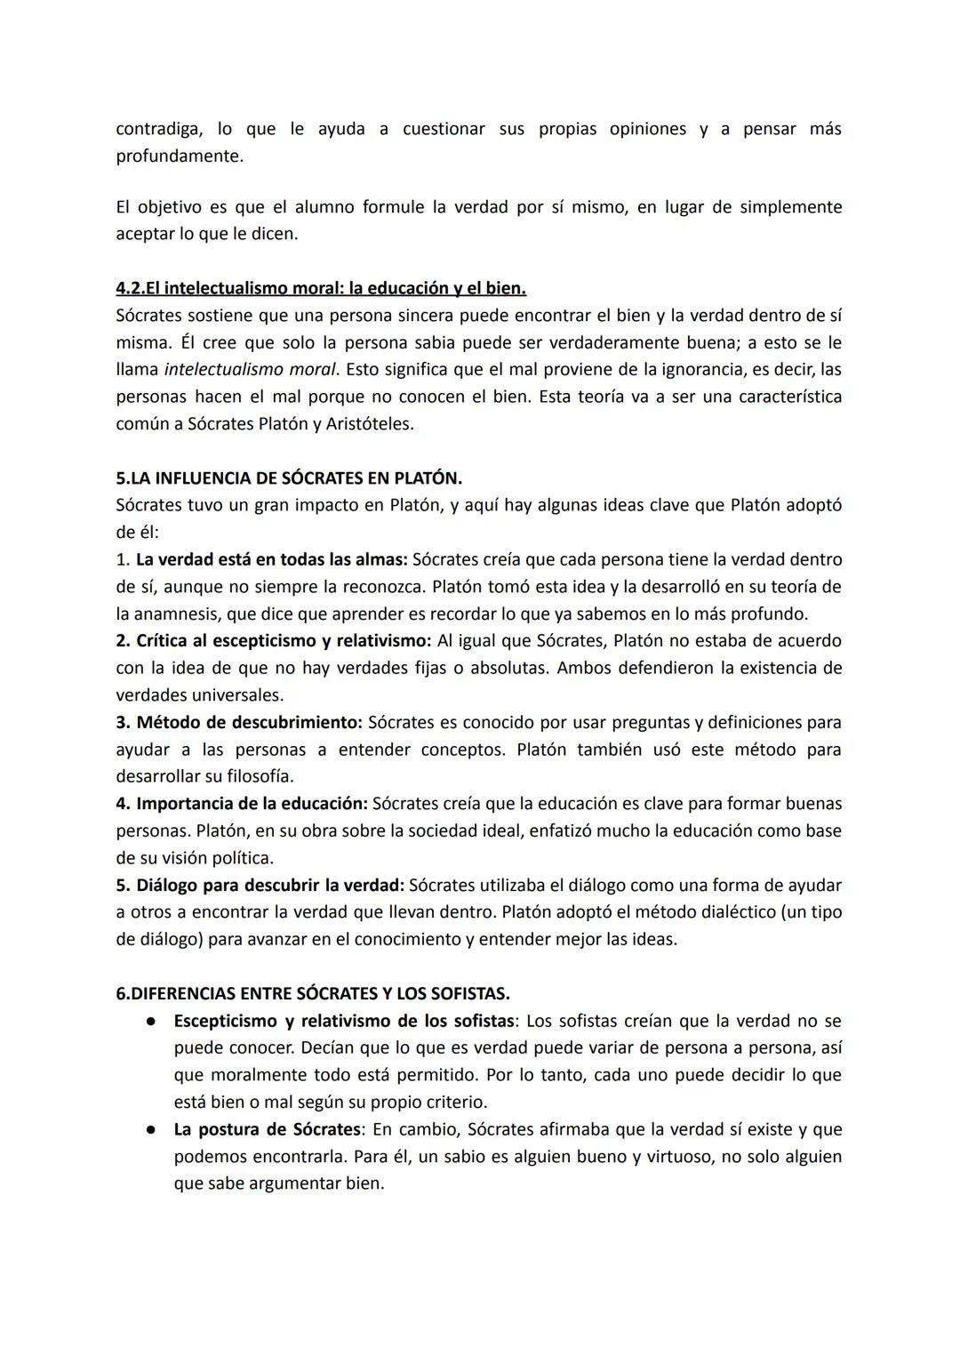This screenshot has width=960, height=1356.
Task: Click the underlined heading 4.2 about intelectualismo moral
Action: [x=321, y=288]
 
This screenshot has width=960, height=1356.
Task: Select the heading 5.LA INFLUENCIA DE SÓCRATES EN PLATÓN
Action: [x=289, y=478]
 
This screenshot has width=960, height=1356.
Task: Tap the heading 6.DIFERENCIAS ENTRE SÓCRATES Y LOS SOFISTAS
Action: [x=313, y=993]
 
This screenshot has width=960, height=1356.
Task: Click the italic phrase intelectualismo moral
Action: [x=251, y=369]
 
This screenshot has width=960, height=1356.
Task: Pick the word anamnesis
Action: [x=177, y=614]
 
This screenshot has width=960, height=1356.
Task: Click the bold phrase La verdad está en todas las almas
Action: [x=271, y=559]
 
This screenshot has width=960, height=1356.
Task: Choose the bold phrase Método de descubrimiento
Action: [x=250, y=722]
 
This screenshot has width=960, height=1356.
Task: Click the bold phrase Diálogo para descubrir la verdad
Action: [x=270, y=886]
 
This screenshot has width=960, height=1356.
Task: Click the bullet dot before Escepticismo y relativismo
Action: [x=152, y=1022]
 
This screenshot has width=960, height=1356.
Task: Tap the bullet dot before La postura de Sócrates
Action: [x=152, y=1130]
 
